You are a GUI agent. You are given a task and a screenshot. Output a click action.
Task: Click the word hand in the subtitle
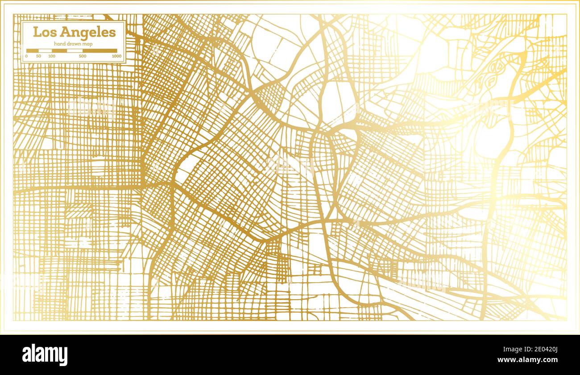(59, 43)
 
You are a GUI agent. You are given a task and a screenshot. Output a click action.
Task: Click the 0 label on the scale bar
(26, 56)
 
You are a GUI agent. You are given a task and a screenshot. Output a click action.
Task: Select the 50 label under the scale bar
(39, 56)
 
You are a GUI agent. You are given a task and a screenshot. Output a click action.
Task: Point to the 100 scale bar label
(52, 56)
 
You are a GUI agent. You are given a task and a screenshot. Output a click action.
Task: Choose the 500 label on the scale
(83, 56)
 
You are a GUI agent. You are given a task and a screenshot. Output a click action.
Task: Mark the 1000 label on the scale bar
(116, 56)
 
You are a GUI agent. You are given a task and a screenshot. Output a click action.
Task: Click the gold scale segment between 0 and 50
(33, 51)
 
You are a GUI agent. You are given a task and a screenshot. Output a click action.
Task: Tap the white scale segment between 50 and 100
(46, 51)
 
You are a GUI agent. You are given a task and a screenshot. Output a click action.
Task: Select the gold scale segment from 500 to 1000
(99, 51)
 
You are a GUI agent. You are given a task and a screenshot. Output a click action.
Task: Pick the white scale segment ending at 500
(75, 51)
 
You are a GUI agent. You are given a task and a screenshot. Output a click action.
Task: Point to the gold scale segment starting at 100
(59, 51)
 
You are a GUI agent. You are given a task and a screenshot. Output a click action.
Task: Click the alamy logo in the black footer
(45, 355)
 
